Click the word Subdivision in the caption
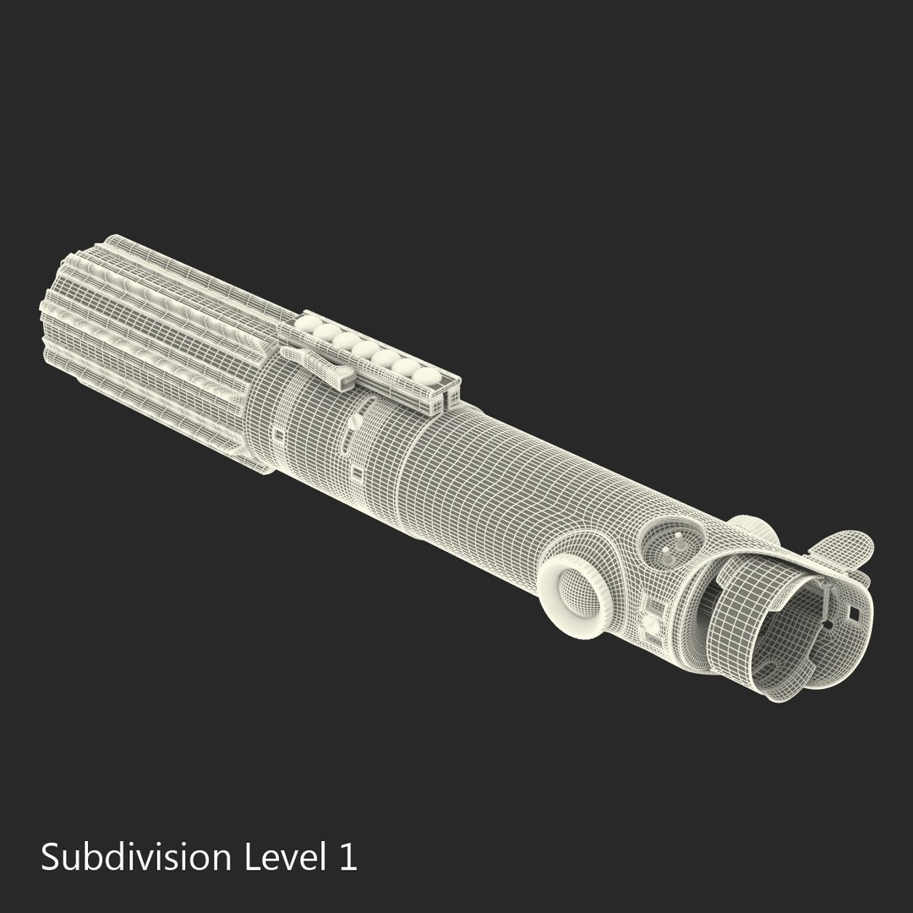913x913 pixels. (x=135, y=858)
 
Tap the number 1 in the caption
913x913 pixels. (x=347, y=857)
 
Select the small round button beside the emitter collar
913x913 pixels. (x=652, y=624)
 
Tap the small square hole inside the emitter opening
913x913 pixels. (x=854, y=613)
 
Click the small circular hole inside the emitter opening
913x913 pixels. (x=828, y=625)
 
